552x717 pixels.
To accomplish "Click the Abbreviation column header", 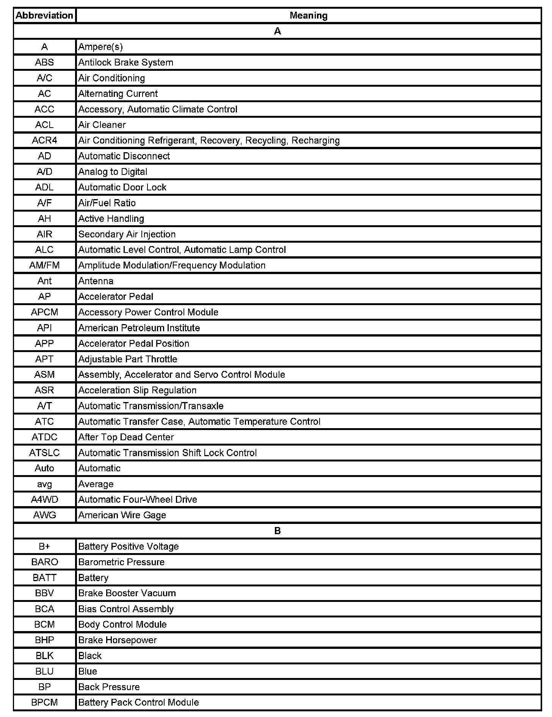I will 44,16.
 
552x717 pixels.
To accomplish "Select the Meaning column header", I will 308,16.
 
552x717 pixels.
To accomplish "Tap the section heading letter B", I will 277,531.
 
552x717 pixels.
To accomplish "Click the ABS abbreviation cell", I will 44,62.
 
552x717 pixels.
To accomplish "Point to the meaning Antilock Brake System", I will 125,62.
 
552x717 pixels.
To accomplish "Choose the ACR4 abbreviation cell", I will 44,140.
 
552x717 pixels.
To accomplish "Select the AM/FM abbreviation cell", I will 44,265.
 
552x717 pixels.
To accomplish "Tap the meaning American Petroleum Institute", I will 139,328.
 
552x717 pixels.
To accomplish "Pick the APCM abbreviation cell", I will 44,312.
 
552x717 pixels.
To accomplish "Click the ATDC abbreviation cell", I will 44,437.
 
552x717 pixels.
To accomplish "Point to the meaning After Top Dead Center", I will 126,437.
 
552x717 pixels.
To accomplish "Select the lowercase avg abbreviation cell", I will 44,484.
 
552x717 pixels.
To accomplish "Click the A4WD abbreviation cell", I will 44,500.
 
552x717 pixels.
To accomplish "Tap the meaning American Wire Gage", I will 122,515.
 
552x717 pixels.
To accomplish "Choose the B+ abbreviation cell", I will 44,546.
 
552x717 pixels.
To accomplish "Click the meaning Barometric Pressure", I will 121,562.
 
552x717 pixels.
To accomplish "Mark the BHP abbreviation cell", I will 44,640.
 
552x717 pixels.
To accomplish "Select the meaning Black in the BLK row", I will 90,656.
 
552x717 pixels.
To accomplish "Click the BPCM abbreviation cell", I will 44,703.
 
